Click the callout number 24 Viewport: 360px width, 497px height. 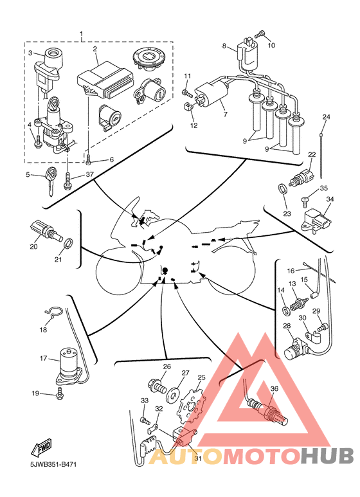click(x=326, y=117)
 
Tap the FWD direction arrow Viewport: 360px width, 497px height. click(x=41, y=447)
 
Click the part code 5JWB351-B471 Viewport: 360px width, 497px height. click(x=53, y=464)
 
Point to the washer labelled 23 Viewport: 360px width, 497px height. click(x=282, y=189)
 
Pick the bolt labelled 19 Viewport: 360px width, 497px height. click(x=59, y=393)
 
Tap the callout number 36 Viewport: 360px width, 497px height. click(x=274, y=388)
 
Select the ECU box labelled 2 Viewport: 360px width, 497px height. click(x=105, y=78)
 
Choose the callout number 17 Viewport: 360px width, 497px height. click(x=43, y=358)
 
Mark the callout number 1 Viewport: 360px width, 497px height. click(x=82, y=33)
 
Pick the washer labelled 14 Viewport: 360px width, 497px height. click(x=287, y=310)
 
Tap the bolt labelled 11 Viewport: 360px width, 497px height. click(x=187, y=93)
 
